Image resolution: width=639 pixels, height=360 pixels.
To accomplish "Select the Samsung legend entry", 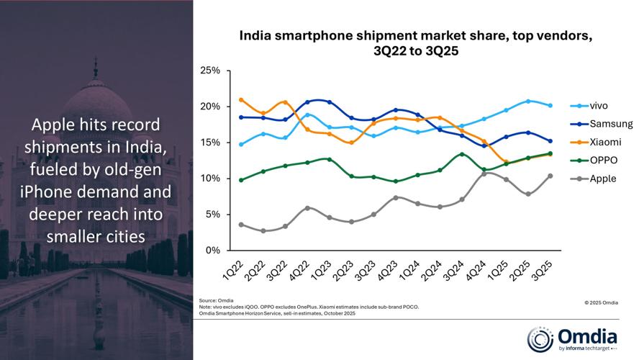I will coord(605,124).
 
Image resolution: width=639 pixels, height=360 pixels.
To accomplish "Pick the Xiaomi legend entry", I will coord(602,142).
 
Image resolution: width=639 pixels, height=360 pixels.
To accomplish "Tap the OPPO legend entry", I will coord(602,160).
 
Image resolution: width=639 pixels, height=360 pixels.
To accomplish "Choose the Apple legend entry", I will coord(602,178).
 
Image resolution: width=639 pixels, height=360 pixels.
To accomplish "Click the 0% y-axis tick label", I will coord(213,251).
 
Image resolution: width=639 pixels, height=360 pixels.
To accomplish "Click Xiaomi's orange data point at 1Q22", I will coord(241,100).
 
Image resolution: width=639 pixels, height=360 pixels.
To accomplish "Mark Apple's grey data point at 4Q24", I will coord(484,174).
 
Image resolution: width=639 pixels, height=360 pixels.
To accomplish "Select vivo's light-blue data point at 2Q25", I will coord(528,101).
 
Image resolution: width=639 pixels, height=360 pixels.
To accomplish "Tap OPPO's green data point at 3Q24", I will coord(462,154).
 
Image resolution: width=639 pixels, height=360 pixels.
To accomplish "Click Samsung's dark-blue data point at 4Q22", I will coord(307,102).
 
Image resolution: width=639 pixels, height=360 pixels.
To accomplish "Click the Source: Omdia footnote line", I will coord(218,300).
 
